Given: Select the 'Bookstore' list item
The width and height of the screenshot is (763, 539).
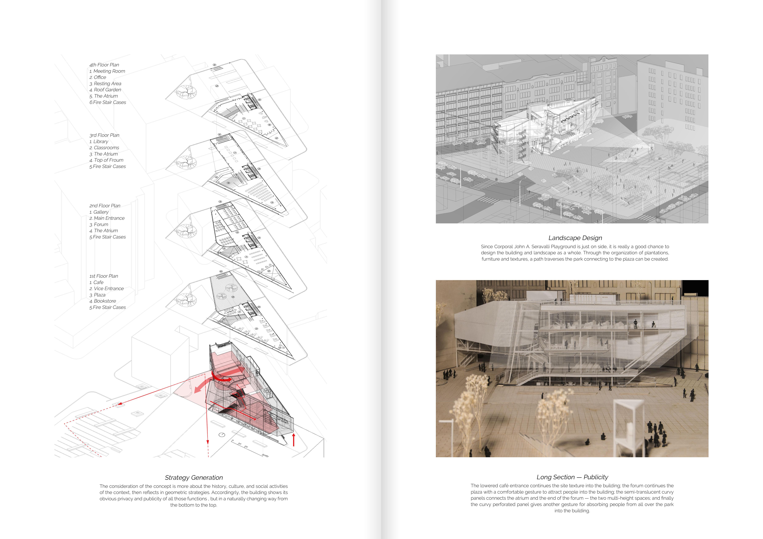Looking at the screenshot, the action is coord(105,301).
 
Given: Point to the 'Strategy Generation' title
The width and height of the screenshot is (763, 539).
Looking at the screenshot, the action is coord(194,478).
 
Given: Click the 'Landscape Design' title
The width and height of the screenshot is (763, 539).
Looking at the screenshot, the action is coord(575,238).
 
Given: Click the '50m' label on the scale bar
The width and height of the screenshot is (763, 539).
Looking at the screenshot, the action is coord(265,455).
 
